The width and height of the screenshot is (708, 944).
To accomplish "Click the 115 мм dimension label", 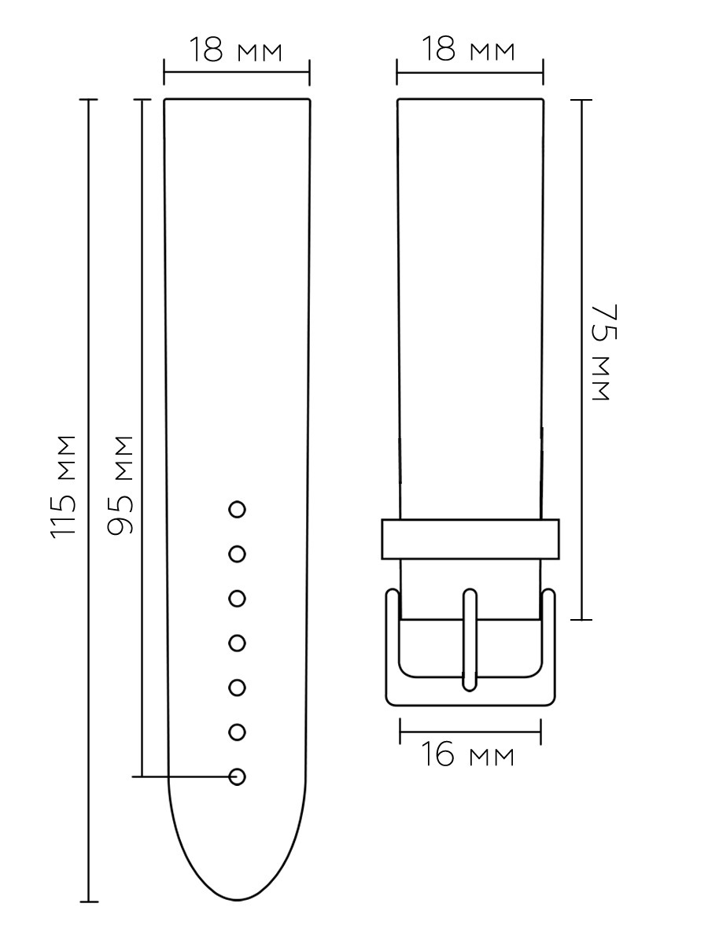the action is pyautogui.click(x=64, y=487).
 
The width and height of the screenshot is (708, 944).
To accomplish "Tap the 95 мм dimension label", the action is pyautogui.click(x=120, y=485).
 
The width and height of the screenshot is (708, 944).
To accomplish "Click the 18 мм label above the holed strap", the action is pyautogui.click(x=235, y=50).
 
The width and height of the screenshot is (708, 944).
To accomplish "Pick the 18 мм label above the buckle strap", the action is pyautogui.click(x=468, y=48).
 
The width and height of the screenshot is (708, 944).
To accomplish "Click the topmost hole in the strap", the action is pyautogui.click(x=238, y=510).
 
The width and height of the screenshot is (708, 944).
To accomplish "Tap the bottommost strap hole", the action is pyautogui.click(x=238, y=776).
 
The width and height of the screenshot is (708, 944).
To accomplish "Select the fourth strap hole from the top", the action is pyautogui.click(x=238, y=643).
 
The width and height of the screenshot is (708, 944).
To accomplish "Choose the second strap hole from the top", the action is pyautogui.click(x=238, y=554).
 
